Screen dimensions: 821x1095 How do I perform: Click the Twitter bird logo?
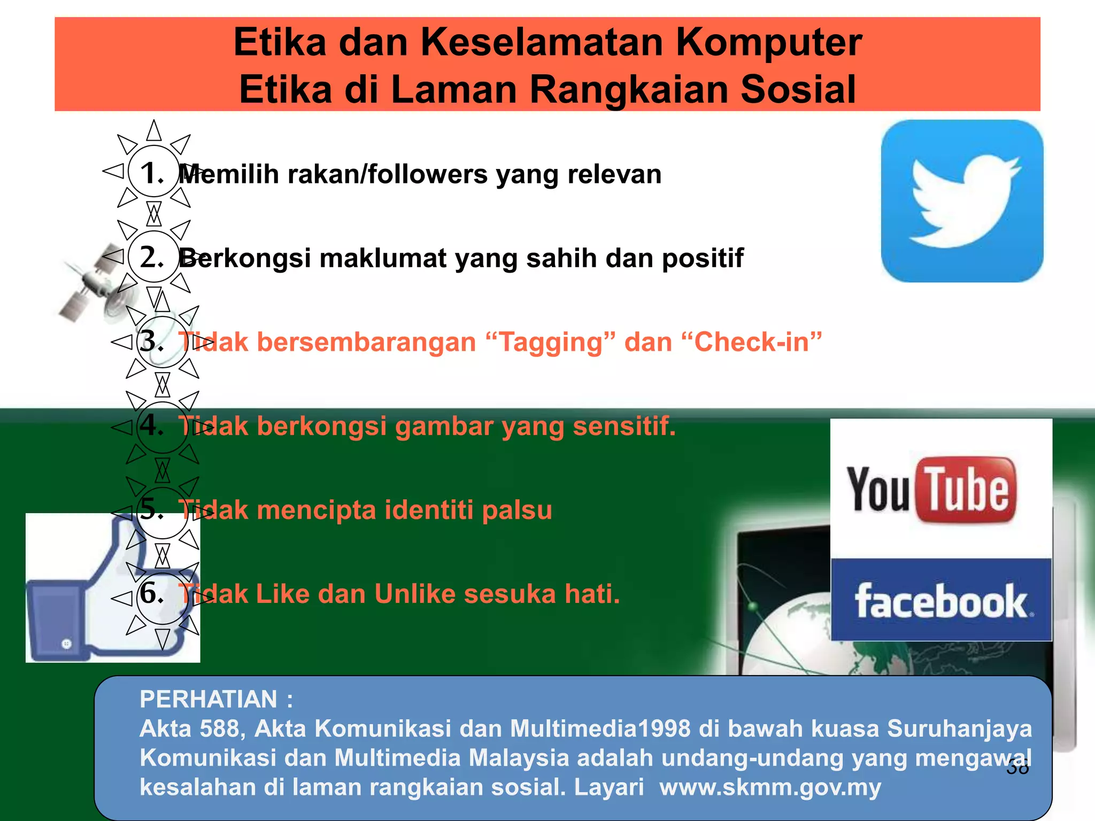pyautogui.click(x=962, y=201)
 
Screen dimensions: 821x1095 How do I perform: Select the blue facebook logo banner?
pyautogui.click(x=941, y=600)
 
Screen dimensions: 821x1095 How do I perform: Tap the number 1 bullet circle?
pyautogui.click(x=153, y=173)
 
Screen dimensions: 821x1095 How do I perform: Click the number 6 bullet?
pyautogui.click(x=153, y=593)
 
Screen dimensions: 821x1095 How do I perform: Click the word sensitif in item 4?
pyautogui.click(x=624, y=426)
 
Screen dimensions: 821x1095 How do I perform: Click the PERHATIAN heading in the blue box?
pyautogui.click(x=209, y=699)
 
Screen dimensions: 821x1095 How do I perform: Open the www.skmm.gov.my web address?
pyautogui.click(x=770, y=787)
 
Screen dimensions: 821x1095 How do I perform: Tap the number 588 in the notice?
pyautogui.click(x=221, y=729)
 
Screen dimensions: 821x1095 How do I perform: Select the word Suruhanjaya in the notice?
pyautogui.click(x=959, y=729)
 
